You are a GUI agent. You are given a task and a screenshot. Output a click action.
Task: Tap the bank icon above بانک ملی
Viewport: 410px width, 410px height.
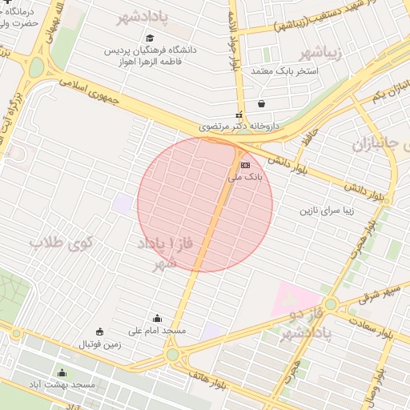244,166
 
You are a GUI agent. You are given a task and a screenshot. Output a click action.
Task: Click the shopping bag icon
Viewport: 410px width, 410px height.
262,103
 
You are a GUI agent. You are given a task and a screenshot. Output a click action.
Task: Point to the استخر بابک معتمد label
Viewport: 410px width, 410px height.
286,71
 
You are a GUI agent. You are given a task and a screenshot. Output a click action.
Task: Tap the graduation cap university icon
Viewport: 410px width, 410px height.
150,38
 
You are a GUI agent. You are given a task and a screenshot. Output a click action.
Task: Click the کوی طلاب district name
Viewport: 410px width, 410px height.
62,242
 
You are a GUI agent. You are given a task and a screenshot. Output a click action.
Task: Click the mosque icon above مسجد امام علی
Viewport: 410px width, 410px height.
156,318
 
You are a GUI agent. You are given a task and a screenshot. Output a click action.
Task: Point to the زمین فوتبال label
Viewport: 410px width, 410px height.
100,344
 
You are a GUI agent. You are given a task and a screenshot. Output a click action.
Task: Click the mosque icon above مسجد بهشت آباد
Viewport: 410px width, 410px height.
62,372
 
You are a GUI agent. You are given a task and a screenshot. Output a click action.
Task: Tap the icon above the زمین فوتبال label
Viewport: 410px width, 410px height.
99,332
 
